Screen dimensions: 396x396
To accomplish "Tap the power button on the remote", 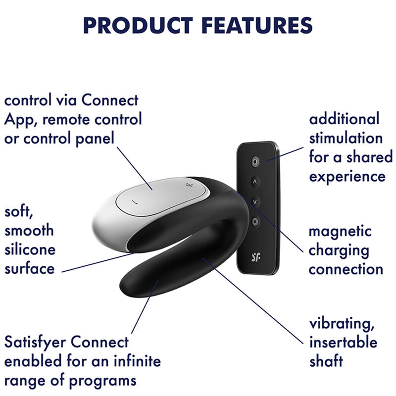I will (255, 161).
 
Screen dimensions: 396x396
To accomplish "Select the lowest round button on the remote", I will (255, 221).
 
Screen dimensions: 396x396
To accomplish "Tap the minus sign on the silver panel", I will (133, 202).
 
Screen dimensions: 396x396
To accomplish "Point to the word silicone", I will (29, 249).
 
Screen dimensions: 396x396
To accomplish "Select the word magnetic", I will (340, 231).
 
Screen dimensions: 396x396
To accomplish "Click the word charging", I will (339, 250).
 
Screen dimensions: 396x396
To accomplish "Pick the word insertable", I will (343, 342).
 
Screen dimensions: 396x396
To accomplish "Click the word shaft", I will (326, 361).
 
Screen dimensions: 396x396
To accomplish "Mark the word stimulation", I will (346, 138).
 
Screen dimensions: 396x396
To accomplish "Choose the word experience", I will (347, 177).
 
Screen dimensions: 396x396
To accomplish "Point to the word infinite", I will (135, 361).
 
